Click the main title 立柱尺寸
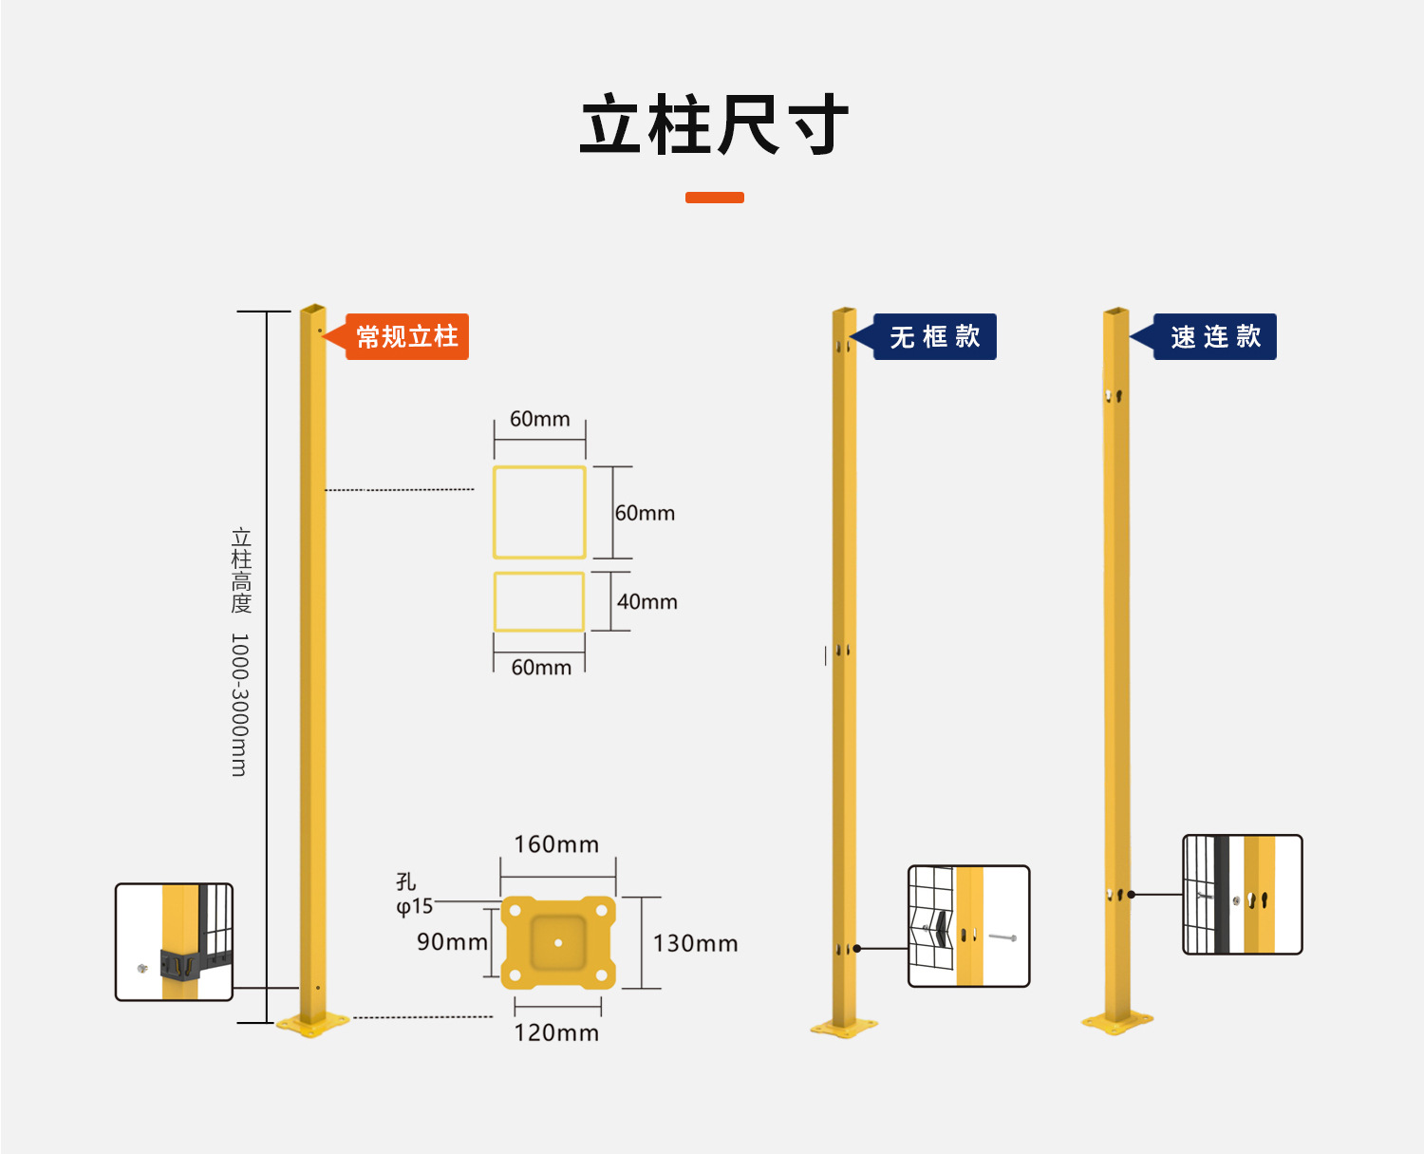713,125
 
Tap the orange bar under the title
714,198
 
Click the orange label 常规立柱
406,336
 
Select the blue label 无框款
934,336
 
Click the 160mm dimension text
556,844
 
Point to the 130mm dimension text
695,943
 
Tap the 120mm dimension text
556,1032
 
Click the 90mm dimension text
452,941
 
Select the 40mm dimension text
646,601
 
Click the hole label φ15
414,906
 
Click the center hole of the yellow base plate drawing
558,943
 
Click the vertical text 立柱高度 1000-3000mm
240,652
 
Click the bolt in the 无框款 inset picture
1002,937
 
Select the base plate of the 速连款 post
1116,1023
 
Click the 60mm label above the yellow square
539,419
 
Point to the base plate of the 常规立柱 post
312,1024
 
